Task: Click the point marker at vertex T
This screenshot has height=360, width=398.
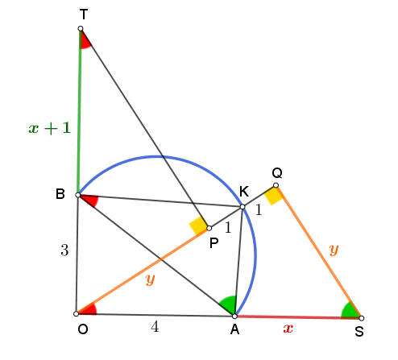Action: [81, 28]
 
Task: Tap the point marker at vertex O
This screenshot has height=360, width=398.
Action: [76, 313]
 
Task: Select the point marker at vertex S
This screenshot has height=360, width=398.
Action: [362, 318]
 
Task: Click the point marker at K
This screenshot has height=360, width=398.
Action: [243, 207]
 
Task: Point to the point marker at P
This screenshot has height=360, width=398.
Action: [209, 228]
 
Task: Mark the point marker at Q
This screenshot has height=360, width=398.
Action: [276, 185]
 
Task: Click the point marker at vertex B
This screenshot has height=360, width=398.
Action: [78, 195]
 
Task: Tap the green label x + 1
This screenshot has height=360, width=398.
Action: [50, 128]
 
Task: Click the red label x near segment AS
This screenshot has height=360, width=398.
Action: [288, 328]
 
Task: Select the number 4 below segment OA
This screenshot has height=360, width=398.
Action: [155, 327]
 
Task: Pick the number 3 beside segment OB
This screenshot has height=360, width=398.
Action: [64, 250]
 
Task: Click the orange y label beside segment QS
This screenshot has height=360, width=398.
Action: [334, 250]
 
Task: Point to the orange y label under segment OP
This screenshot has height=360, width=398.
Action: [150, 279]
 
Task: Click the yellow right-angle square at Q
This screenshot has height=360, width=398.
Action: [273, 196]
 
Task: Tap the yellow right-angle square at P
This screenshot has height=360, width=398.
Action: [198, 226]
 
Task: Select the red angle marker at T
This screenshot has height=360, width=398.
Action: [85, 40]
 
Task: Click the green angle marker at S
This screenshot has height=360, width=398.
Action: [350, 311]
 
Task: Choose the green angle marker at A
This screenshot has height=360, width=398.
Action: [228, 304]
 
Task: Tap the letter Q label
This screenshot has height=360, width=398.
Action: [277, 173]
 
